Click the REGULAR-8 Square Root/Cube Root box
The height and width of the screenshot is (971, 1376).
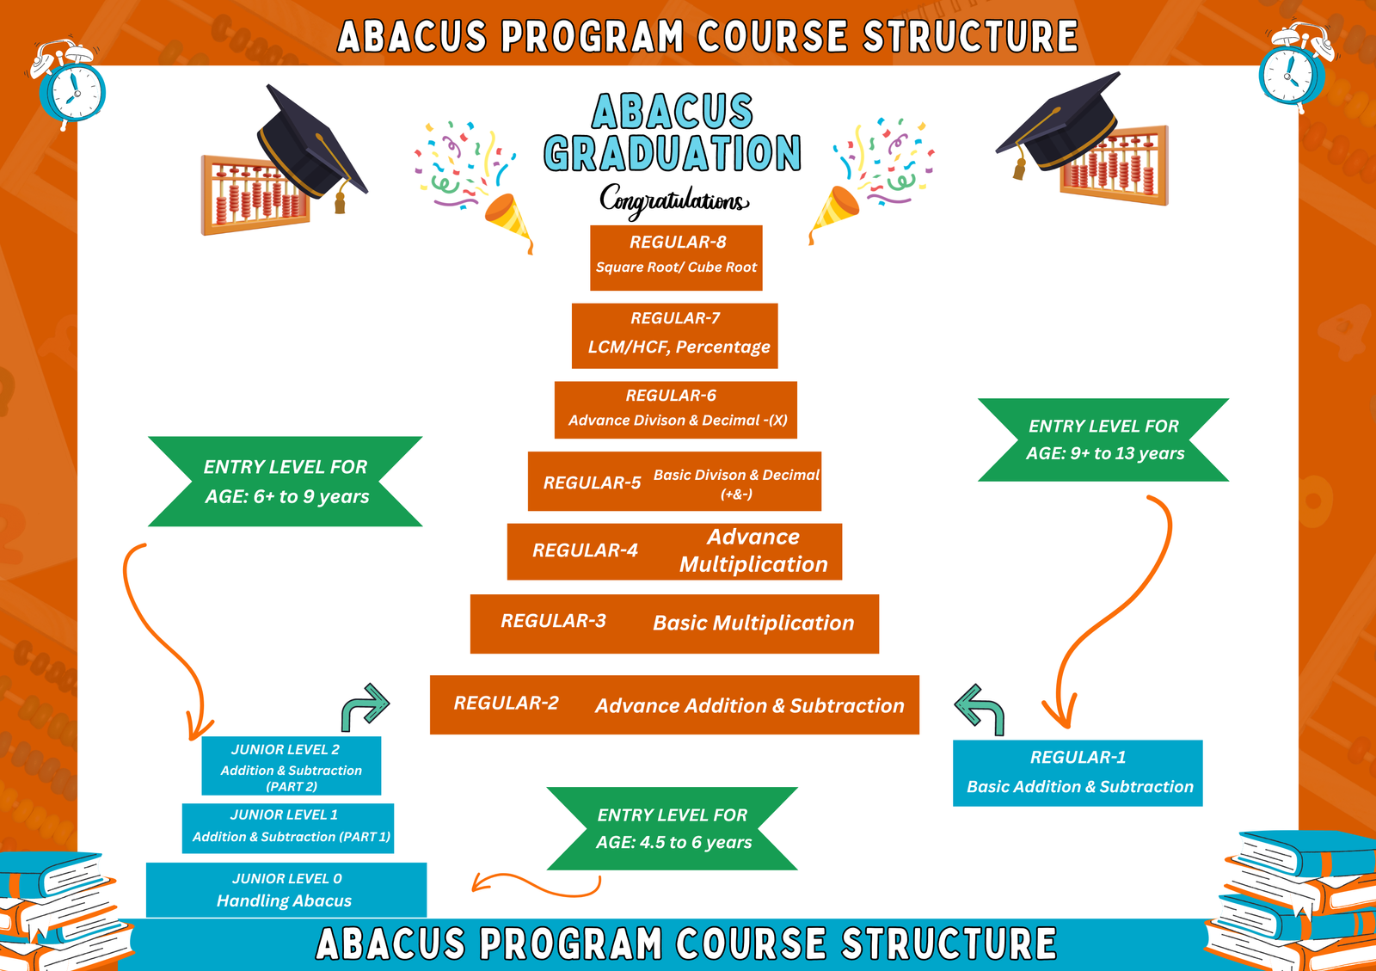[x=676, y=257]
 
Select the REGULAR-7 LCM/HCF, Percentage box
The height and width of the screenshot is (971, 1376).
[x=674, y=335]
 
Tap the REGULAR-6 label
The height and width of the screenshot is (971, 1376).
[x=671, y=395]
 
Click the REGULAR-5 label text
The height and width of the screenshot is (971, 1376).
[x=592, y=482]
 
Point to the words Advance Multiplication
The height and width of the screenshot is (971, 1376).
[x=753, y=550]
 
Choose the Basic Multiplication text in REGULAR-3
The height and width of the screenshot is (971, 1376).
[x=753, y=623]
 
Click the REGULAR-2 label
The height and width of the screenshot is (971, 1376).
[x=507, y=703]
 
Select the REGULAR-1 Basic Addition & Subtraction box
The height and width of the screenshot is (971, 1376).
[x=1078, y=772]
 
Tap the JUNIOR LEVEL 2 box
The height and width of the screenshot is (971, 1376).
[x=292, y=765]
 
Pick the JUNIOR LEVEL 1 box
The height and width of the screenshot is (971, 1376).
[x=287, y=828]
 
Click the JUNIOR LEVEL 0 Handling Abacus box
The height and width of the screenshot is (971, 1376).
[x=286, y=890]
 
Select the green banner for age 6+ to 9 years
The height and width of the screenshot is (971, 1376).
[x=285, y=482]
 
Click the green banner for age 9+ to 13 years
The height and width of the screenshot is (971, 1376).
[x=1103, y=439]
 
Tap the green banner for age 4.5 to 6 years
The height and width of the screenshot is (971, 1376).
[x=672, y=828]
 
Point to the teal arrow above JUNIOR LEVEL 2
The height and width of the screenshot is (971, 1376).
[x=365, y=706]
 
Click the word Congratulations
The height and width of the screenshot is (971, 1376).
[x=674, y=201]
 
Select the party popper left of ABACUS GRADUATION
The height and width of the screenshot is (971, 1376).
[x=508, y=219]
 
